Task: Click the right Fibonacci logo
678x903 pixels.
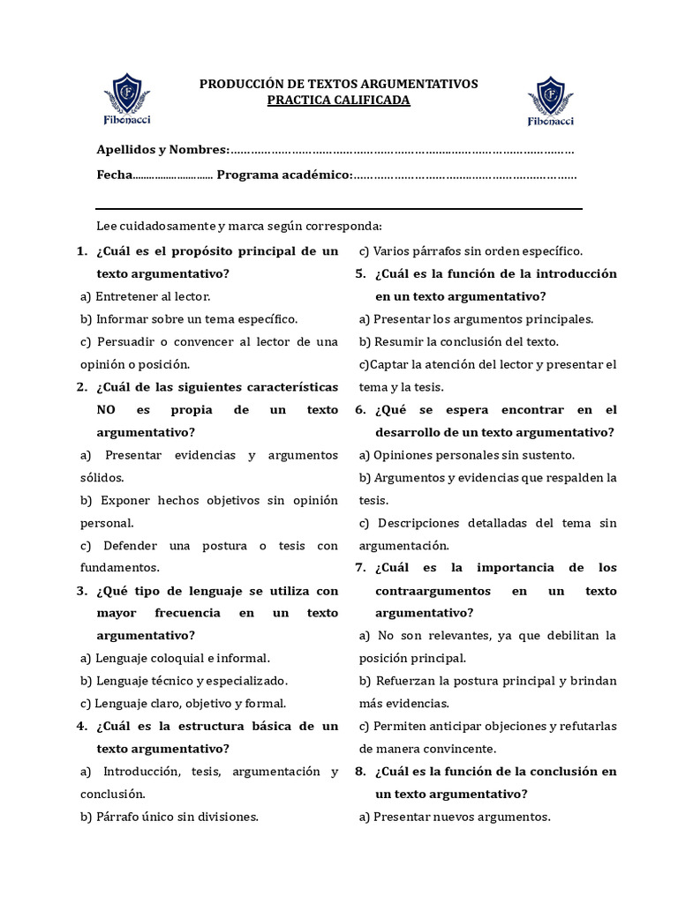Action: [x=551, y=101]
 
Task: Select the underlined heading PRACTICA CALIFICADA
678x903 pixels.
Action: [x=338, y=101]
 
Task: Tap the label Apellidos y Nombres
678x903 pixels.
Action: [x=162, y=150]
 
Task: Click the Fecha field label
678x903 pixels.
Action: [x=114, y=175]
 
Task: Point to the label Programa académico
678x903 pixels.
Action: [x=284, y=175]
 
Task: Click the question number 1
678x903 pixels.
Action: [x=81, y=251]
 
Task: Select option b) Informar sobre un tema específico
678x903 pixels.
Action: [x=189, y=319]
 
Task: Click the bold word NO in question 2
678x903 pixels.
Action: [x=106, y=410]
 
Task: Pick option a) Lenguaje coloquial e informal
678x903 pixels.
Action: [x=175, y=658]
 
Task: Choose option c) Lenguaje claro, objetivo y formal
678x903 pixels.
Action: [x=183, y=704]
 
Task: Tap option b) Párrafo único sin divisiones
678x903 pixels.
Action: [x=169, y=817]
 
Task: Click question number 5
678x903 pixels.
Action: [x=360, y=274]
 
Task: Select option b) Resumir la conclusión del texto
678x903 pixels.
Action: [x=459, y=341]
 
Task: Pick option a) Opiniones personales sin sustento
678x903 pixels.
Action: [x=467, y=455]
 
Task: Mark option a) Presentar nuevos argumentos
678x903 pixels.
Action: [x=455, y=817]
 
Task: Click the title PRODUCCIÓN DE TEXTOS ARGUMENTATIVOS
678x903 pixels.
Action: [x=338, y=84]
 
